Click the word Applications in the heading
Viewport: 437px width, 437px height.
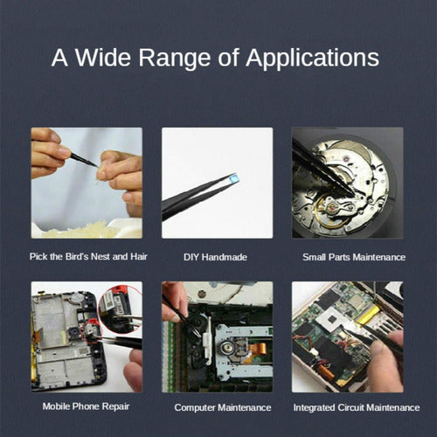312,59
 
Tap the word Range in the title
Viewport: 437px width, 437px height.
174,59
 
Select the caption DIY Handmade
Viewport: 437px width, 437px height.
215,257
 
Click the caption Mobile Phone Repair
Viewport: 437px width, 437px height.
86,406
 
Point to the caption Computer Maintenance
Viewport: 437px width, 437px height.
223,407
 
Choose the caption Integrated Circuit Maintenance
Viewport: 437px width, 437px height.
357,407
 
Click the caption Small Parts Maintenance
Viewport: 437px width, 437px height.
354,257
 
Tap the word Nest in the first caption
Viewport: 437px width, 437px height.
101,256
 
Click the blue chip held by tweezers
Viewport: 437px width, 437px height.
234,177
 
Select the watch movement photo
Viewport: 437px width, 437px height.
348,183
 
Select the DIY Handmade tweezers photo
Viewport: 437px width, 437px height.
218,183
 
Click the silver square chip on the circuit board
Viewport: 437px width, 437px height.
329,319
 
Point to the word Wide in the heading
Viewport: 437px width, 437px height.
103,58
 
